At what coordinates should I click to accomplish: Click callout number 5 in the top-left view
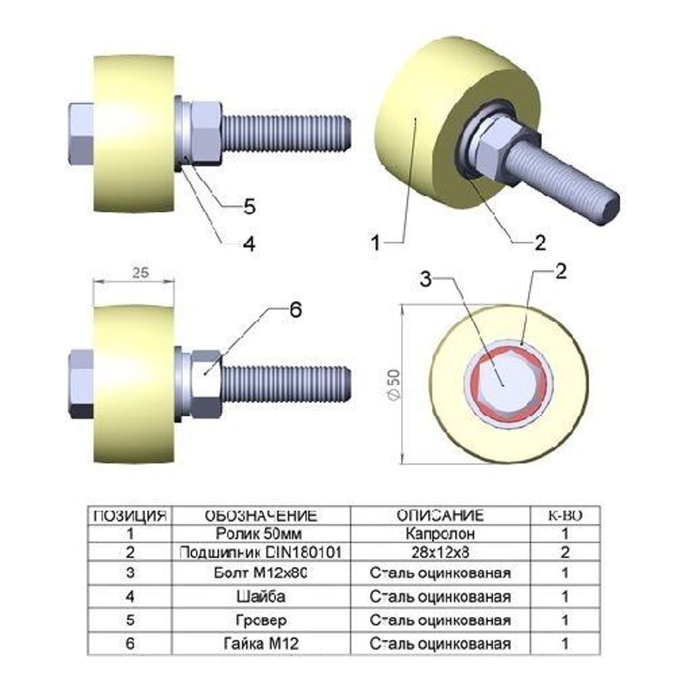[249, 207]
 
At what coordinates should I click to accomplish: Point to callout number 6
[295, 310]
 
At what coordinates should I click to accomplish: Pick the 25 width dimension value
[140, 273]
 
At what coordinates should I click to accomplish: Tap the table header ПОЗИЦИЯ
[129, 516]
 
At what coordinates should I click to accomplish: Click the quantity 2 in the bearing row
[566, 552]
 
